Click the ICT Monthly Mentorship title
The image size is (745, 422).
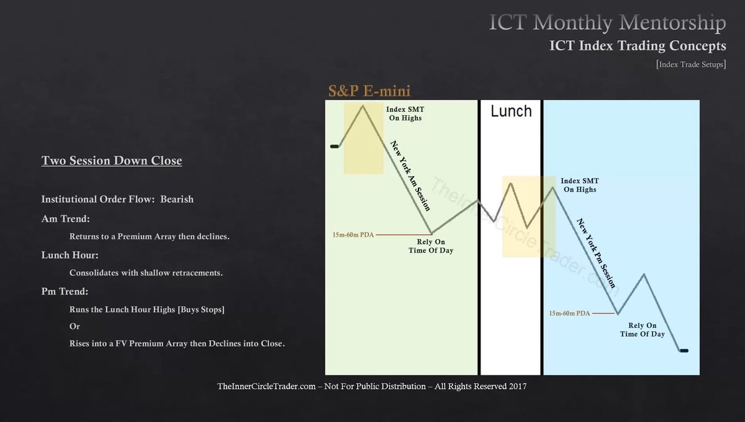point(607,24)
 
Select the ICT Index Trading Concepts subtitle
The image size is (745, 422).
point(638,46)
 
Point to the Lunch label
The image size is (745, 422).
point(510,111)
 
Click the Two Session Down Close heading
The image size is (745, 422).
point(112,161)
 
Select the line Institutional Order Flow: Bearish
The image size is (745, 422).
point(117,199)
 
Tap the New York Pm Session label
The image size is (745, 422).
point(596,253)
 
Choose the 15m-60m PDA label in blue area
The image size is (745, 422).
point(570,313)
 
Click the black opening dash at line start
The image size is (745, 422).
point(334,146)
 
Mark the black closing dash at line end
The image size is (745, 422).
point(684,351)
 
